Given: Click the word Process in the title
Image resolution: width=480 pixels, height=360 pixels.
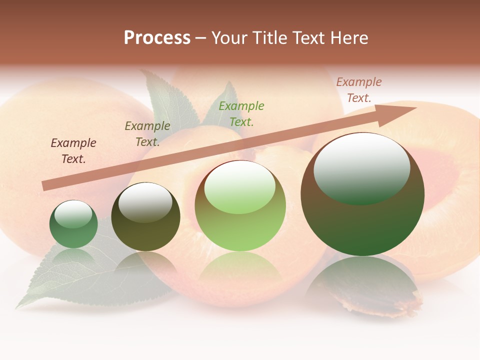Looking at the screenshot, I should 157,38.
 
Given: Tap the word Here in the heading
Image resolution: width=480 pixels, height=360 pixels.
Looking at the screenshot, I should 348,38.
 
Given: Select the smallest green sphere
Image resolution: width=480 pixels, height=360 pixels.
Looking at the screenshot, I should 73,224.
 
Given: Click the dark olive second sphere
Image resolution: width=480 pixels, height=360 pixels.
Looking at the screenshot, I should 145,217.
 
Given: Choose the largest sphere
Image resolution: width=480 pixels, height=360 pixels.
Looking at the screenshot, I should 362,194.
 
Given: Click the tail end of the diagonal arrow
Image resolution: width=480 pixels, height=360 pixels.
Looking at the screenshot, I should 46,185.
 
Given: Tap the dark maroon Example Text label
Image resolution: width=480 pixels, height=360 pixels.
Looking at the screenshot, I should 73,151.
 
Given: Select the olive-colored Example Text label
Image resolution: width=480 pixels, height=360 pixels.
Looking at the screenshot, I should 147,134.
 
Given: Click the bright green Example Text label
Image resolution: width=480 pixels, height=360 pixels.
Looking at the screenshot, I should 241,113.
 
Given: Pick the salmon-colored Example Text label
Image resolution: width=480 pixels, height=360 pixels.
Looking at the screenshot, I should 359,90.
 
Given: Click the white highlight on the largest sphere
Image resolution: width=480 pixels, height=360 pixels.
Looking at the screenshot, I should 361,167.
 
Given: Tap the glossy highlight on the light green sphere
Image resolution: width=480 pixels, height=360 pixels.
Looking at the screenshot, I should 240,186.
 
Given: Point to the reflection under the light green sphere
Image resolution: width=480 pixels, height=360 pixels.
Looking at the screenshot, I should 240,267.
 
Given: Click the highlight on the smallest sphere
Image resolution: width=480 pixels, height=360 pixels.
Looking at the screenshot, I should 73,214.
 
